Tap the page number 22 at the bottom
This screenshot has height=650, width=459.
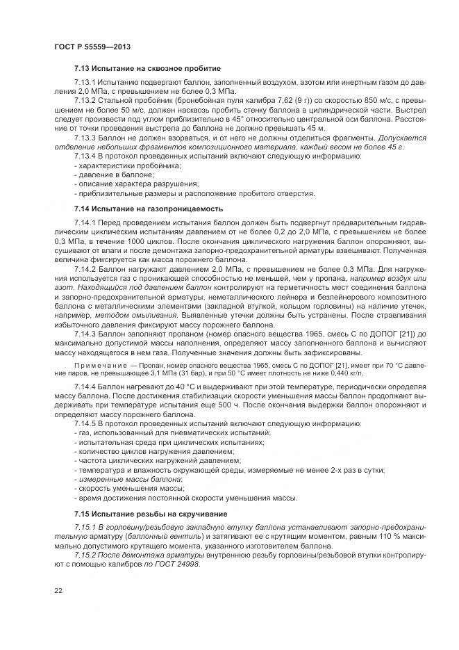coord(58,590)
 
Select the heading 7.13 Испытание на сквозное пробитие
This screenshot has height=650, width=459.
coord(147,69)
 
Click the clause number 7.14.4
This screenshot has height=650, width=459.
coord(87,385)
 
